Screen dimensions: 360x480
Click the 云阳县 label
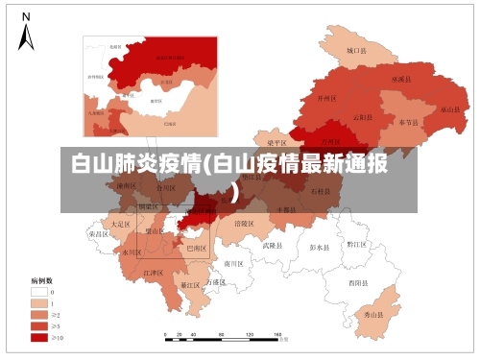click(363, 117)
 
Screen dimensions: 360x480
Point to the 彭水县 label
click(321, 247)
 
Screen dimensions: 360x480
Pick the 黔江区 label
click(356, 245)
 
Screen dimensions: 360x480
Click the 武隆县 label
click(274, 245)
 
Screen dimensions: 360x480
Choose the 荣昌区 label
click(98, 233)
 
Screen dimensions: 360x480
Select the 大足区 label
click(120, 223)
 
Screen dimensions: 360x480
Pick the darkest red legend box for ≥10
click(38, 337)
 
